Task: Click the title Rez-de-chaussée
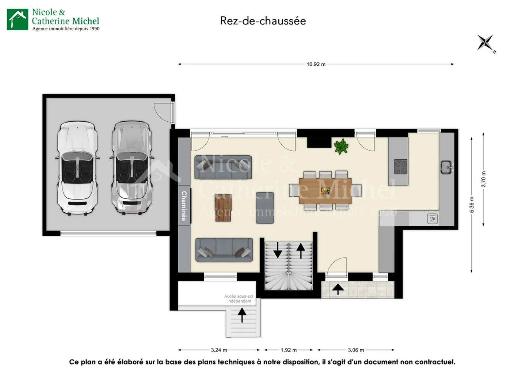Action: point(263,21)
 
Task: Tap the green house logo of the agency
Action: point(18,19)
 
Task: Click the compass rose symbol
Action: point(485,43)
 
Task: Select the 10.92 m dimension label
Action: point(316,64)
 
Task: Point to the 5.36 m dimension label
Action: point(472,205)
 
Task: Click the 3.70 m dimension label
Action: point(484,179)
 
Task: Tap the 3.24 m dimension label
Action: point(219,350)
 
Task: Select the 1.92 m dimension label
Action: point(289,350)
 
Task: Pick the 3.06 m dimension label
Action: point(356,350)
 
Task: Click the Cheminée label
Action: point(184,206)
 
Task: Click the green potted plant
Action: point(341,147)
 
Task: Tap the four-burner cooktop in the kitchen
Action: point(401,167)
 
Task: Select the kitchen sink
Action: point(446,167)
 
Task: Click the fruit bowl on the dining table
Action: point(325,191)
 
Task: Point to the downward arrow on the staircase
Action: point(278,250)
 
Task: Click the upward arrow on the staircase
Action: point(301,251)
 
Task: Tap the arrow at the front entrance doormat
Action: point(338,289)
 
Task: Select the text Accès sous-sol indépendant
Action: point(239,299)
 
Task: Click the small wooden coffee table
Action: point(223,208)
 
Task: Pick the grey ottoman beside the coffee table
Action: point(265,208)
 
